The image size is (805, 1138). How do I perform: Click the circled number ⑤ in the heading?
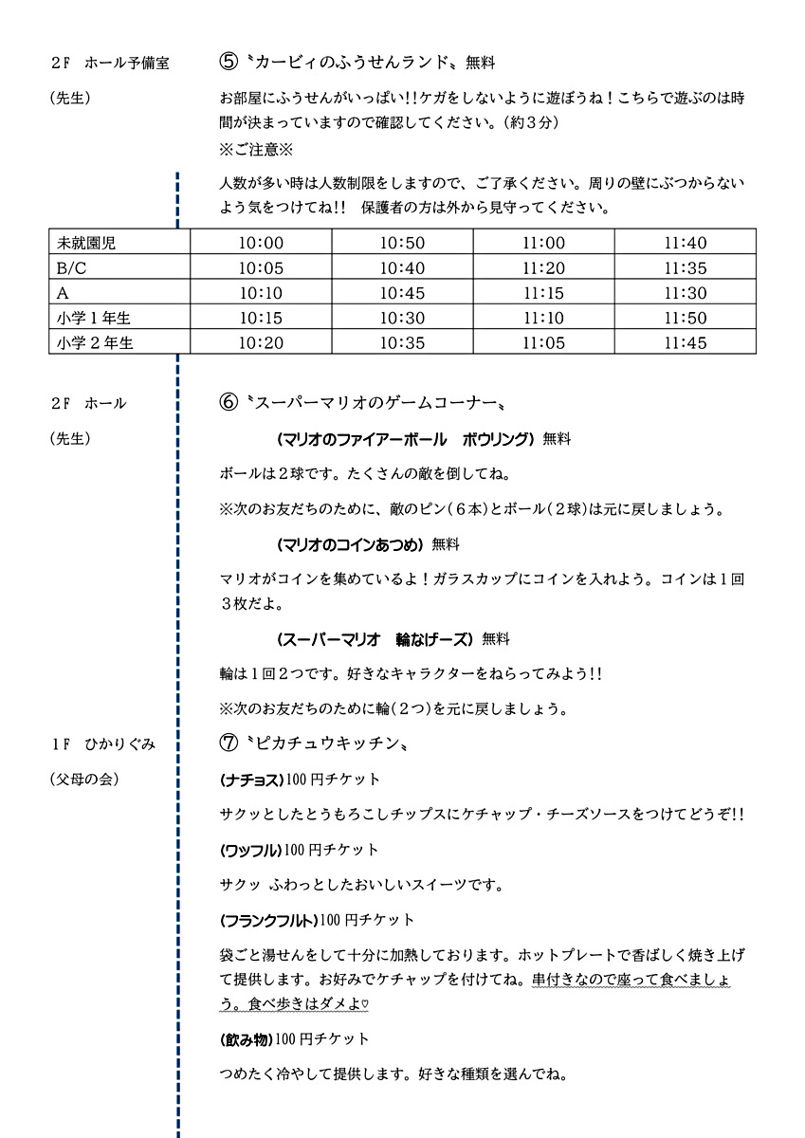pos(228,64)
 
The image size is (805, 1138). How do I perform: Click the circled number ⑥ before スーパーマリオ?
pos(228,402)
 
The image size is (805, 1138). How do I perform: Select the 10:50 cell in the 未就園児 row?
pos(403,243)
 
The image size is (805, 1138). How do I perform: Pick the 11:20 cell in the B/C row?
pos(543,268)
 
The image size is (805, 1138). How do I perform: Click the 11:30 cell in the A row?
pos(685,293)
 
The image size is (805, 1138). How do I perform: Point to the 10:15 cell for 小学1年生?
pos(262,318)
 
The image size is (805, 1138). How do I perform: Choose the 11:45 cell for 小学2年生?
pos(685,342)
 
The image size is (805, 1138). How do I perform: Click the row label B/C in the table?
pos(72,268)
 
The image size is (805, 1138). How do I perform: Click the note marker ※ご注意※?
pos(257,149)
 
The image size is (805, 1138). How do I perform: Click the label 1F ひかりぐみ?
pos(102,744)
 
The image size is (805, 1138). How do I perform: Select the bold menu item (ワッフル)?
pos(250,849)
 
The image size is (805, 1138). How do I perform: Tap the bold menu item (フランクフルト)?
pos(268,919)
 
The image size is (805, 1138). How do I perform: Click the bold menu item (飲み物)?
pos(247,1038)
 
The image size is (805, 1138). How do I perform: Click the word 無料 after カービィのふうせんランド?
pos(481,64)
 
